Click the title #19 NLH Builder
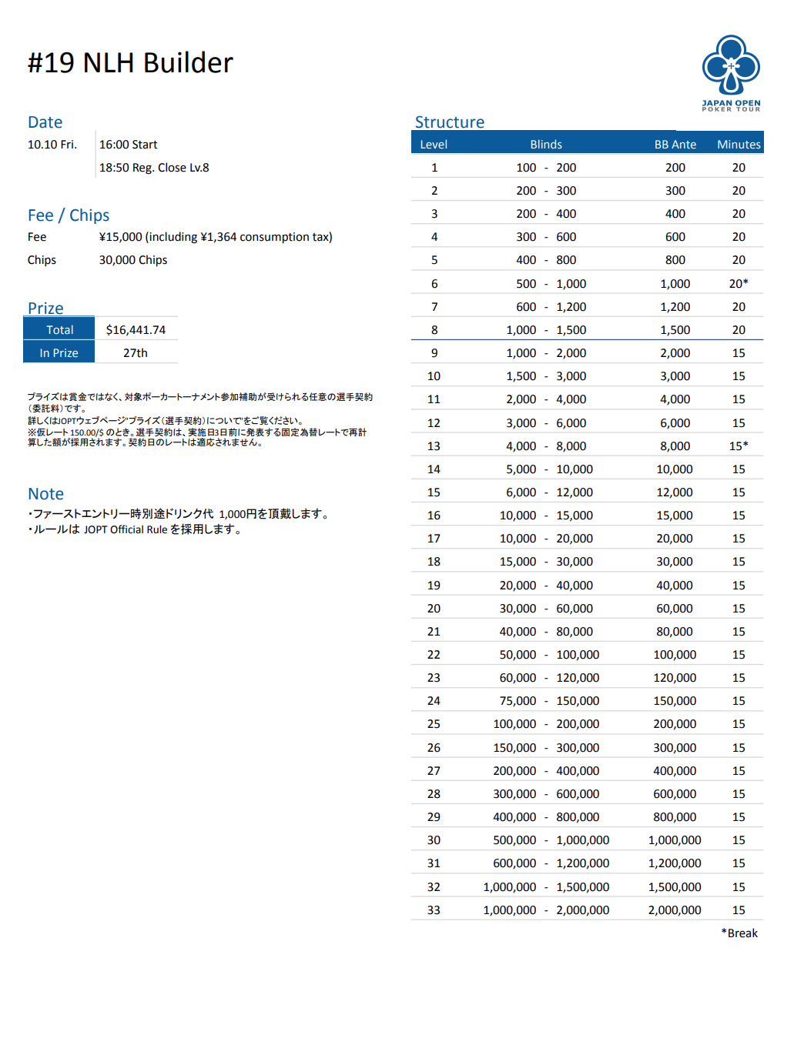coord(130,63)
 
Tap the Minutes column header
coord(738,145)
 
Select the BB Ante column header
coord(675,145)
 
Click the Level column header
coord(434,145)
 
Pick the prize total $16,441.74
coord(136,330)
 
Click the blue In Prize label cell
coord(59,353)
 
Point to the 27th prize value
coord(136,353)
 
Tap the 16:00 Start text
coord(128,145)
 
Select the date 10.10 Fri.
coord(52,145)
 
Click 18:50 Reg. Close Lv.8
coord(154,168)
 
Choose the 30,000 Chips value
coord(133,260)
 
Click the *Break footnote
coord(739,933)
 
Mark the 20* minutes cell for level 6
coord(738,284)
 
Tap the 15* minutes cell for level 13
coord(738,446)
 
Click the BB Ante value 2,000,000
coord(675,910)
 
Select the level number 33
coord(434,910)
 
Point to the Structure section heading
coord(450,122)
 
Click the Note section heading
coord(45,494)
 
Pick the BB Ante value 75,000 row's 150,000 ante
coord(675,701)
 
